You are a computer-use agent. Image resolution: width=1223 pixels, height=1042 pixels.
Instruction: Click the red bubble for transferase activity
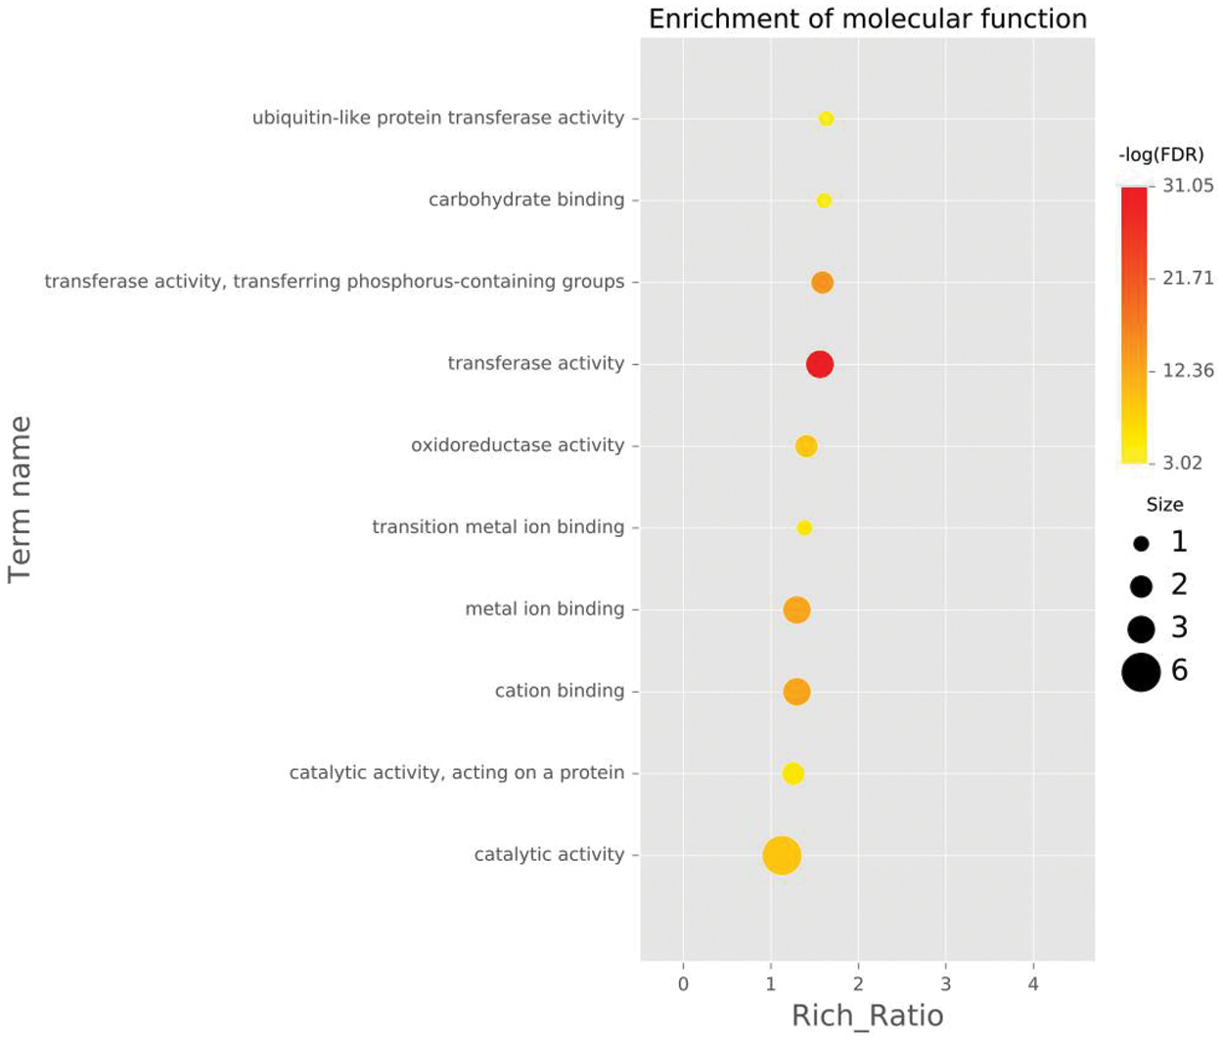point(820,364)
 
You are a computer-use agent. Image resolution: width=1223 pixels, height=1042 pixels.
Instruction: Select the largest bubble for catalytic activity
point(782,855)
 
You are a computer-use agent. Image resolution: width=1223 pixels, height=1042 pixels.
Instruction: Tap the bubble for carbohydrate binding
point(824,201)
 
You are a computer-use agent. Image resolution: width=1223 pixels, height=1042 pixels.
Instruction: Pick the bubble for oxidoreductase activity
point(806,446)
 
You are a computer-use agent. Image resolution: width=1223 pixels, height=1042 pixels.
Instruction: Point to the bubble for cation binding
point(796,692)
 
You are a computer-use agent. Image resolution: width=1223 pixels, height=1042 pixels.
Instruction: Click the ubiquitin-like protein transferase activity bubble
point(826,119)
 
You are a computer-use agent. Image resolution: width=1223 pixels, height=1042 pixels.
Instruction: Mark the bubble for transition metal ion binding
point(804,528)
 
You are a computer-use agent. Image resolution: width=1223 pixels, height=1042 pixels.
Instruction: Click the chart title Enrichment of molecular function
point(868,19)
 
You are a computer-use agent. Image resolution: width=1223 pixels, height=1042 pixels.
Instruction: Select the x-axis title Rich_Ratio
point(867,1016)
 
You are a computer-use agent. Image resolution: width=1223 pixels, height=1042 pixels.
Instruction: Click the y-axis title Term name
point(21,499)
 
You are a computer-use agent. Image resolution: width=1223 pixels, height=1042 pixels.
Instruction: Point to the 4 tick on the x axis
point(1033,984)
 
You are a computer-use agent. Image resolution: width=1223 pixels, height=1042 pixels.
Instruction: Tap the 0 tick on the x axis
point(683,984)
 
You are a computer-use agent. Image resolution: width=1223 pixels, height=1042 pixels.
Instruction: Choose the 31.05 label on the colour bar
point(1188,186)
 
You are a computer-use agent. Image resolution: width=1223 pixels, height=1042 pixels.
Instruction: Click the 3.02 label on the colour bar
point(1182,463)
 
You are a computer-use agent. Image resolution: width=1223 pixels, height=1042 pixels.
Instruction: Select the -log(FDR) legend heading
point(1160,155)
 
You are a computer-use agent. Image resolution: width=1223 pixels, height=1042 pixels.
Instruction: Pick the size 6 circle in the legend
point(1141,672)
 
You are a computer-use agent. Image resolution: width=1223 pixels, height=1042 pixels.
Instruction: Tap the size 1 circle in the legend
point(1141,544)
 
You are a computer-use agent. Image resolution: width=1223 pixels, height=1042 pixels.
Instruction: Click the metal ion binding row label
point(544,609)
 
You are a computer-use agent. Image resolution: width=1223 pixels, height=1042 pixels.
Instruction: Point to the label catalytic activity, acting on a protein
point(456,773)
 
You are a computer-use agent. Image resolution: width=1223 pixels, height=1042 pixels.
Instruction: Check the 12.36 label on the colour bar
point(1188,371)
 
